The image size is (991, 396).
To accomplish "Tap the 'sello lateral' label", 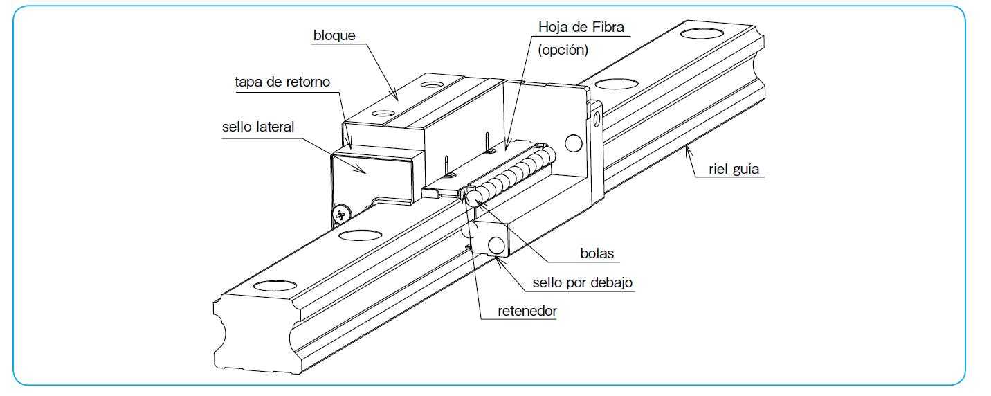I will (x=258, y=127).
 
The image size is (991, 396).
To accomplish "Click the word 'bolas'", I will (x=597, y=253).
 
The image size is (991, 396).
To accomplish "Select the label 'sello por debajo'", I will (x=582, y=282).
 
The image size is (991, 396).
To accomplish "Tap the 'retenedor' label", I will (x=527, y=312).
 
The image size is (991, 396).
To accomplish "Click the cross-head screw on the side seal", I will (x=340, y=215).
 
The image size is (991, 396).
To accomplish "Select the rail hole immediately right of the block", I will (x=617, y=84).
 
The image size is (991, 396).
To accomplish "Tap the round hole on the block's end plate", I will (x=572, y=143).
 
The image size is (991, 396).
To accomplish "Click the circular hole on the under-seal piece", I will (x=496, y=244).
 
